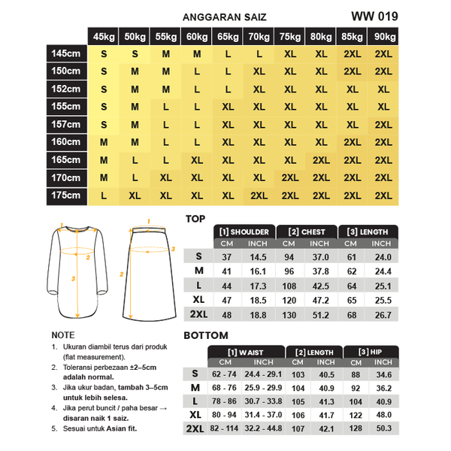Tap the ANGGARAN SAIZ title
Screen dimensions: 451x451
point(224,17)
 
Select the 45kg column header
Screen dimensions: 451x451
point(103,37)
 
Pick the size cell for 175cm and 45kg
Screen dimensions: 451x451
point(103,195)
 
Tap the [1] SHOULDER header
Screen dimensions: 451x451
point(244,232)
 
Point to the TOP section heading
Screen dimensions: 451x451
point(195,219)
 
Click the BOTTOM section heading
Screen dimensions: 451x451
point(205,336)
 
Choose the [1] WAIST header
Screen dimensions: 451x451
point(245,352)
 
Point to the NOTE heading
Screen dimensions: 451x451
point(62,335)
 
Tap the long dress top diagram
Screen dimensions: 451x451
point(75,271)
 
